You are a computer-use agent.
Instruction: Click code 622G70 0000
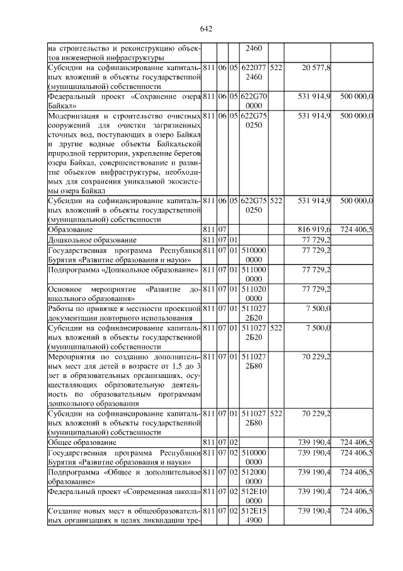(x=254, y=101)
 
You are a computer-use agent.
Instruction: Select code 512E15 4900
(x=254, y=514)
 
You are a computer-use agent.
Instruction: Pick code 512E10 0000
(x=254, y=496)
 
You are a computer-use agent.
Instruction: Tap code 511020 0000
(x=254, y=293)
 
